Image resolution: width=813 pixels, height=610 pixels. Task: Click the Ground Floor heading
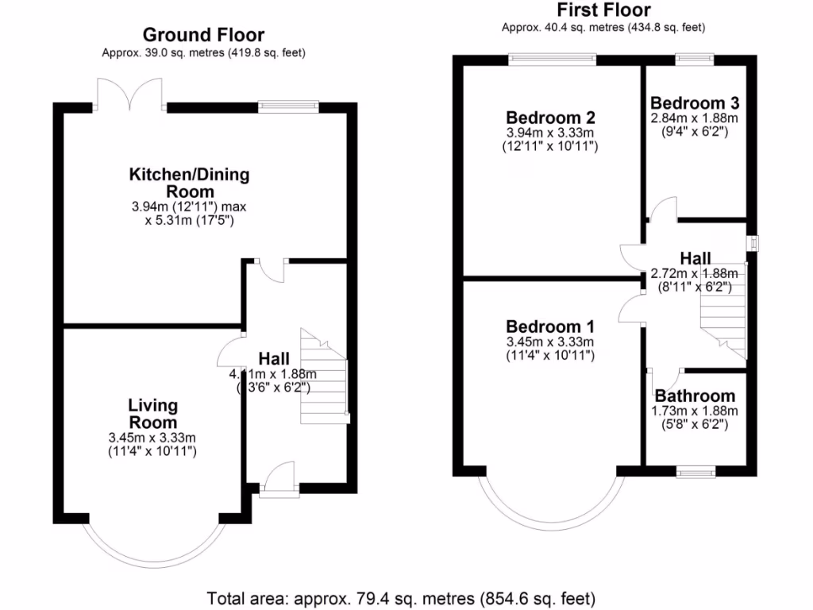click(x=203, y=35)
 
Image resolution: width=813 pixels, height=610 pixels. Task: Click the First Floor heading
click(x=603, y=10)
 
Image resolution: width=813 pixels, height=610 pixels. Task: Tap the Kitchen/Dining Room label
click(x=190, y=183)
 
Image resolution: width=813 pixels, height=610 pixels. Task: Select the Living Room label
click(x=153, y=414)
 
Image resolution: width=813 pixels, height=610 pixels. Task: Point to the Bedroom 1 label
click(x=551, y=326)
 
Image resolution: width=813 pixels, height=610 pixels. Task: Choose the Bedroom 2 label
click(x=551, y=118)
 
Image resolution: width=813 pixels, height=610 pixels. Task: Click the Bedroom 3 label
click(x=695, y=103)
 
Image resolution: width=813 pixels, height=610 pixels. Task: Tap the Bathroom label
click(x=695, y=396)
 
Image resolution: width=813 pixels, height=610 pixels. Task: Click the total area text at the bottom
click(x=401, y=597)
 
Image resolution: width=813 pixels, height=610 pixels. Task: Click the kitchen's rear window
click(x=289, y=106)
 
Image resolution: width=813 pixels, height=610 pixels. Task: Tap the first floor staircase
click(x=723, y=318)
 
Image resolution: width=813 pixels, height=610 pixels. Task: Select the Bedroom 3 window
click(x=695, y=58)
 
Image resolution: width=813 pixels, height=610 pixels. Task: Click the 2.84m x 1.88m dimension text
click(x=695, y=118)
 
